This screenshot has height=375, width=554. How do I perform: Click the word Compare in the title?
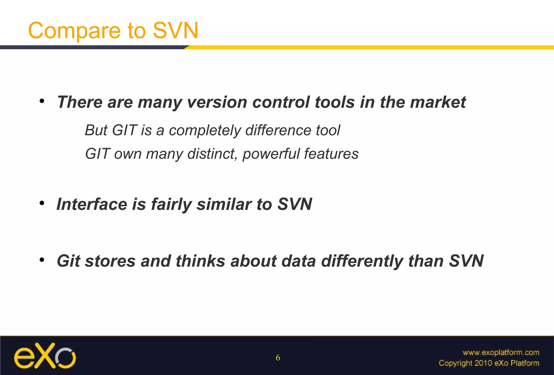click(x=74, y=31)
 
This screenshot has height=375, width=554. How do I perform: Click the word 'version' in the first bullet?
click(x=217, y=102)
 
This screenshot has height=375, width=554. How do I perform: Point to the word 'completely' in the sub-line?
click(x=205, y=130)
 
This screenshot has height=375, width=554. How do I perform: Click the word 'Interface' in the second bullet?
click(x=92, y=204)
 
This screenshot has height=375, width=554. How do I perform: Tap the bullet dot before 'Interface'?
click(x=42, y=203)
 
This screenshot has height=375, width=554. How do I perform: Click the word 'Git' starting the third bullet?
click(x=68, y=261)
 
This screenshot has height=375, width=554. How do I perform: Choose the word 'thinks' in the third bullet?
click(x=200, y=261)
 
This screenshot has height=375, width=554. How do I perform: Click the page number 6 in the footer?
click(x=278, y=358)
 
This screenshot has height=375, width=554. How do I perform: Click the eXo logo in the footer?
click(x=45, y=356)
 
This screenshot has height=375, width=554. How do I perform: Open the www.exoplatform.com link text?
click(x=501, y=353)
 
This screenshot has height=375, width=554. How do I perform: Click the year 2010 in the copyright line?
click(x=483, y=363)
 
